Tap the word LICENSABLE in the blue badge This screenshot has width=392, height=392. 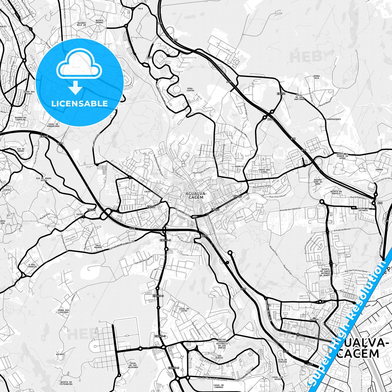(79, 103)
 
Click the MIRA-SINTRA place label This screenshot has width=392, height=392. (190, 90)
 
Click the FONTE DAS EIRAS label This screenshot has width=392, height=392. (264, 171)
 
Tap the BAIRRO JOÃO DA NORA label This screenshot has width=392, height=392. (318, 182)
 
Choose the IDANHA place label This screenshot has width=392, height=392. (379, 170)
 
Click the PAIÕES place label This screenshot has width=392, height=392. (81, 214)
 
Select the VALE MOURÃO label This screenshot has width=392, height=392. (98, 246)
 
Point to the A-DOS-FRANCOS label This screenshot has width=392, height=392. (32, 266)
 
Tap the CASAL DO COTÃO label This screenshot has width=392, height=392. (184, 310)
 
